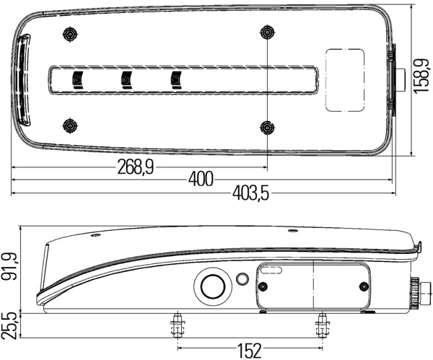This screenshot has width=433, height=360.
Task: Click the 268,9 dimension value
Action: tap(136, 167)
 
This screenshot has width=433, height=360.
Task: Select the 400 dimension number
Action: tap(201, 179)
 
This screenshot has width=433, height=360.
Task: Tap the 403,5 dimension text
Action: tap(250, 193)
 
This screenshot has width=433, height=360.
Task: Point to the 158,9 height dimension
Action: tap(421, 75)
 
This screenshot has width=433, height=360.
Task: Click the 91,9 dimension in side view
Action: tap(9, 267)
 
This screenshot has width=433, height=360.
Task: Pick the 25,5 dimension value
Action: tap(8, 326)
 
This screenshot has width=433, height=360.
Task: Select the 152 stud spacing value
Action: tap(250, 351)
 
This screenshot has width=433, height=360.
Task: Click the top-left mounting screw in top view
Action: tap(71, 35)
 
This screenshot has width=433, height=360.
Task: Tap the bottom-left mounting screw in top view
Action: tap(71, 126)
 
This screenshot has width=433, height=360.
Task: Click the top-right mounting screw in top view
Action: tap(267, 32)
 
